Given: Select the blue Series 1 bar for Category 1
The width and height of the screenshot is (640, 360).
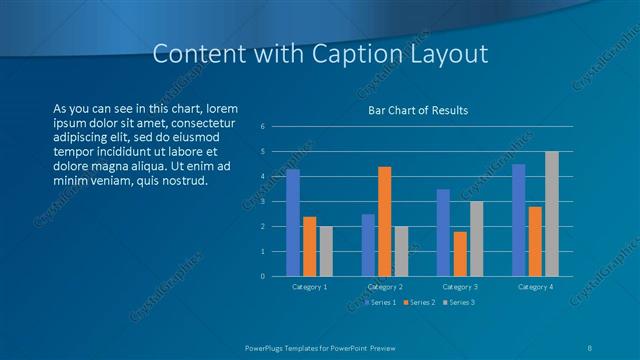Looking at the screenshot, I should tap(293, 222).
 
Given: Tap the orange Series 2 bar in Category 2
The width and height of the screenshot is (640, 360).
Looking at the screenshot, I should tap(385, 220).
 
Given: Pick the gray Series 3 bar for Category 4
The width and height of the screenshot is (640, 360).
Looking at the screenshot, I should tap(552, 213).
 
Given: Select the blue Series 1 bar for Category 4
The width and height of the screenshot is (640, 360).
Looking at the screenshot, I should tap(518, 220).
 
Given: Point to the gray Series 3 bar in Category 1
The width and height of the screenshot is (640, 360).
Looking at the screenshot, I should tap(327, 251).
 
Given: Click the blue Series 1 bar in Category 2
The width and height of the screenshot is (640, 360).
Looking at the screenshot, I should tap(368, 245).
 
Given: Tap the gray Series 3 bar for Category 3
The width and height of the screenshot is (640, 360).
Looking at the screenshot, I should tap(477, 238).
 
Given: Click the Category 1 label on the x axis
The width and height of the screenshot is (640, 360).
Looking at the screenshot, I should tap(309, 287).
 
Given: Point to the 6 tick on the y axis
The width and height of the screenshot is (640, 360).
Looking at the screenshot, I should tap(262, 127).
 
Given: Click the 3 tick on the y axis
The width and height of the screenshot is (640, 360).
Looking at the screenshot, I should tap(262, 201).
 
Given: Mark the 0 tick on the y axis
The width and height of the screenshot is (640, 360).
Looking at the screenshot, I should tap(262, 276).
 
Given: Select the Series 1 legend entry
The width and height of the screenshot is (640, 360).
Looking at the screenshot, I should tap(381, 302).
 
